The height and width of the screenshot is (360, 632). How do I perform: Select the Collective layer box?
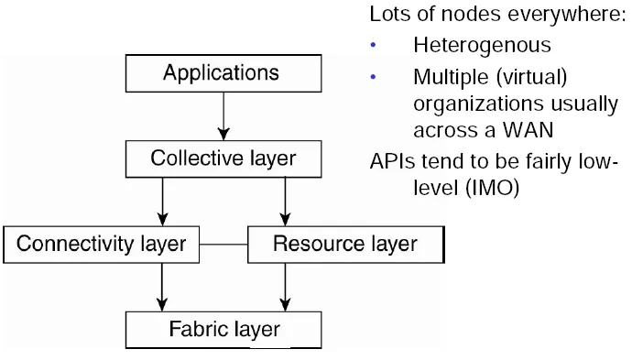[x=223, y=158]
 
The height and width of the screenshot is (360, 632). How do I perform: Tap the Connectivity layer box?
[x=101, y=245]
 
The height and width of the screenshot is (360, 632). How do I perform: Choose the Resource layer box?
[x=345, y=245]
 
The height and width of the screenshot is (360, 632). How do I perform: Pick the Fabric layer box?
[x=223, y=328]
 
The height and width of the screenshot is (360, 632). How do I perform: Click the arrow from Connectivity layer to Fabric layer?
[x=163, y=287]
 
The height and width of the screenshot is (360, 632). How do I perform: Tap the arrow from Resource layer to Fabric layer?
[x=286, y=287]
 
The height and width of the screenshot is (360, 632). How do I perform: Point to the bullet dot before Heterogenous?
[x=373, y=45]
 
